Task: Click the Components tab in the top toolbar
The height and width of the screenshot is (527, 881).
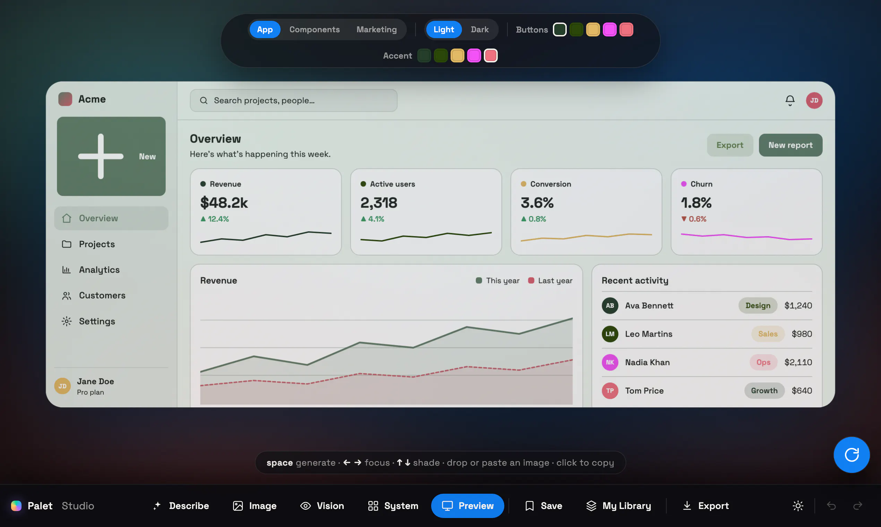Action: [x=314, y=29]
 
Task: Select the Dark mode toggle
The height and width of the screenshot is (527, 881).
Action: [x=480, y=29]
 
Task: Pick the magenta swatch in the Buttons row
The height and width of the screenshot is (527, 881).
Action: [x=610, y=29]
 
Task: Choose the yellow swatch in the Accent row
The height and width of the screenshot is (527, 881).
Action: [x=457, y=56]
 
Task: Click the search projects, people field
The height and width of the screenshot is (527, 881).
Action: [x=293, y=101]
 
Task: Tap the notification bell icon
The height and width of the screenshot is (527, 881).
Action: [x=790, y=101]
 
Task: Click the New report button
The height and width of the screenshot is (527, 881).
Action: [x=790, y=145]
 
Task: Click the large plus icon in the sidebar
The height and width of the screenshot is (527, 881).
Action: [x=101, y=156]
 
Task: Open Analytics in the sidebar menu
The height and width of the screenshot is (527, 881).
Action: [x=99, y=270]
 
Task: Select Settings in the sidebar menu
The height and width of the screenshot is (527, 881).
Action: [x=97, y=321]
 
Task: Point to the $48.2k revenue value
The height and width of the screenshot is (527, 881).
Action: [x=224, y=203]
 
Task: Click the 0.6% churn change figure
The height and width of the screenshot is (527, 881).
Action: [x=693, y=219]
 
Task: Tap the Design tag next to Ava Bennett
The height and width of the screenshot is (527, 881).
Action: [x=758, y=305]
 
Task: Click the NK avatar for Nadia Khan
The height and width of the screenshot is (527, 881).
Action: [x=610, y=362]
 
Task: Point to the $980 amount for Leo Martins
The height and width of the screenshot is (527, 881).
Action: [x=802, y=334]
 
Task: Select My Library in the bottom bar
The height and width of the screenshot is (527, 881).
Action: [x=619, y=506]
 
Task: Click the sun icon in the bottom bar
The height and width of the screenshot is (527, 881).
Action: [x=798, y=506]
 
